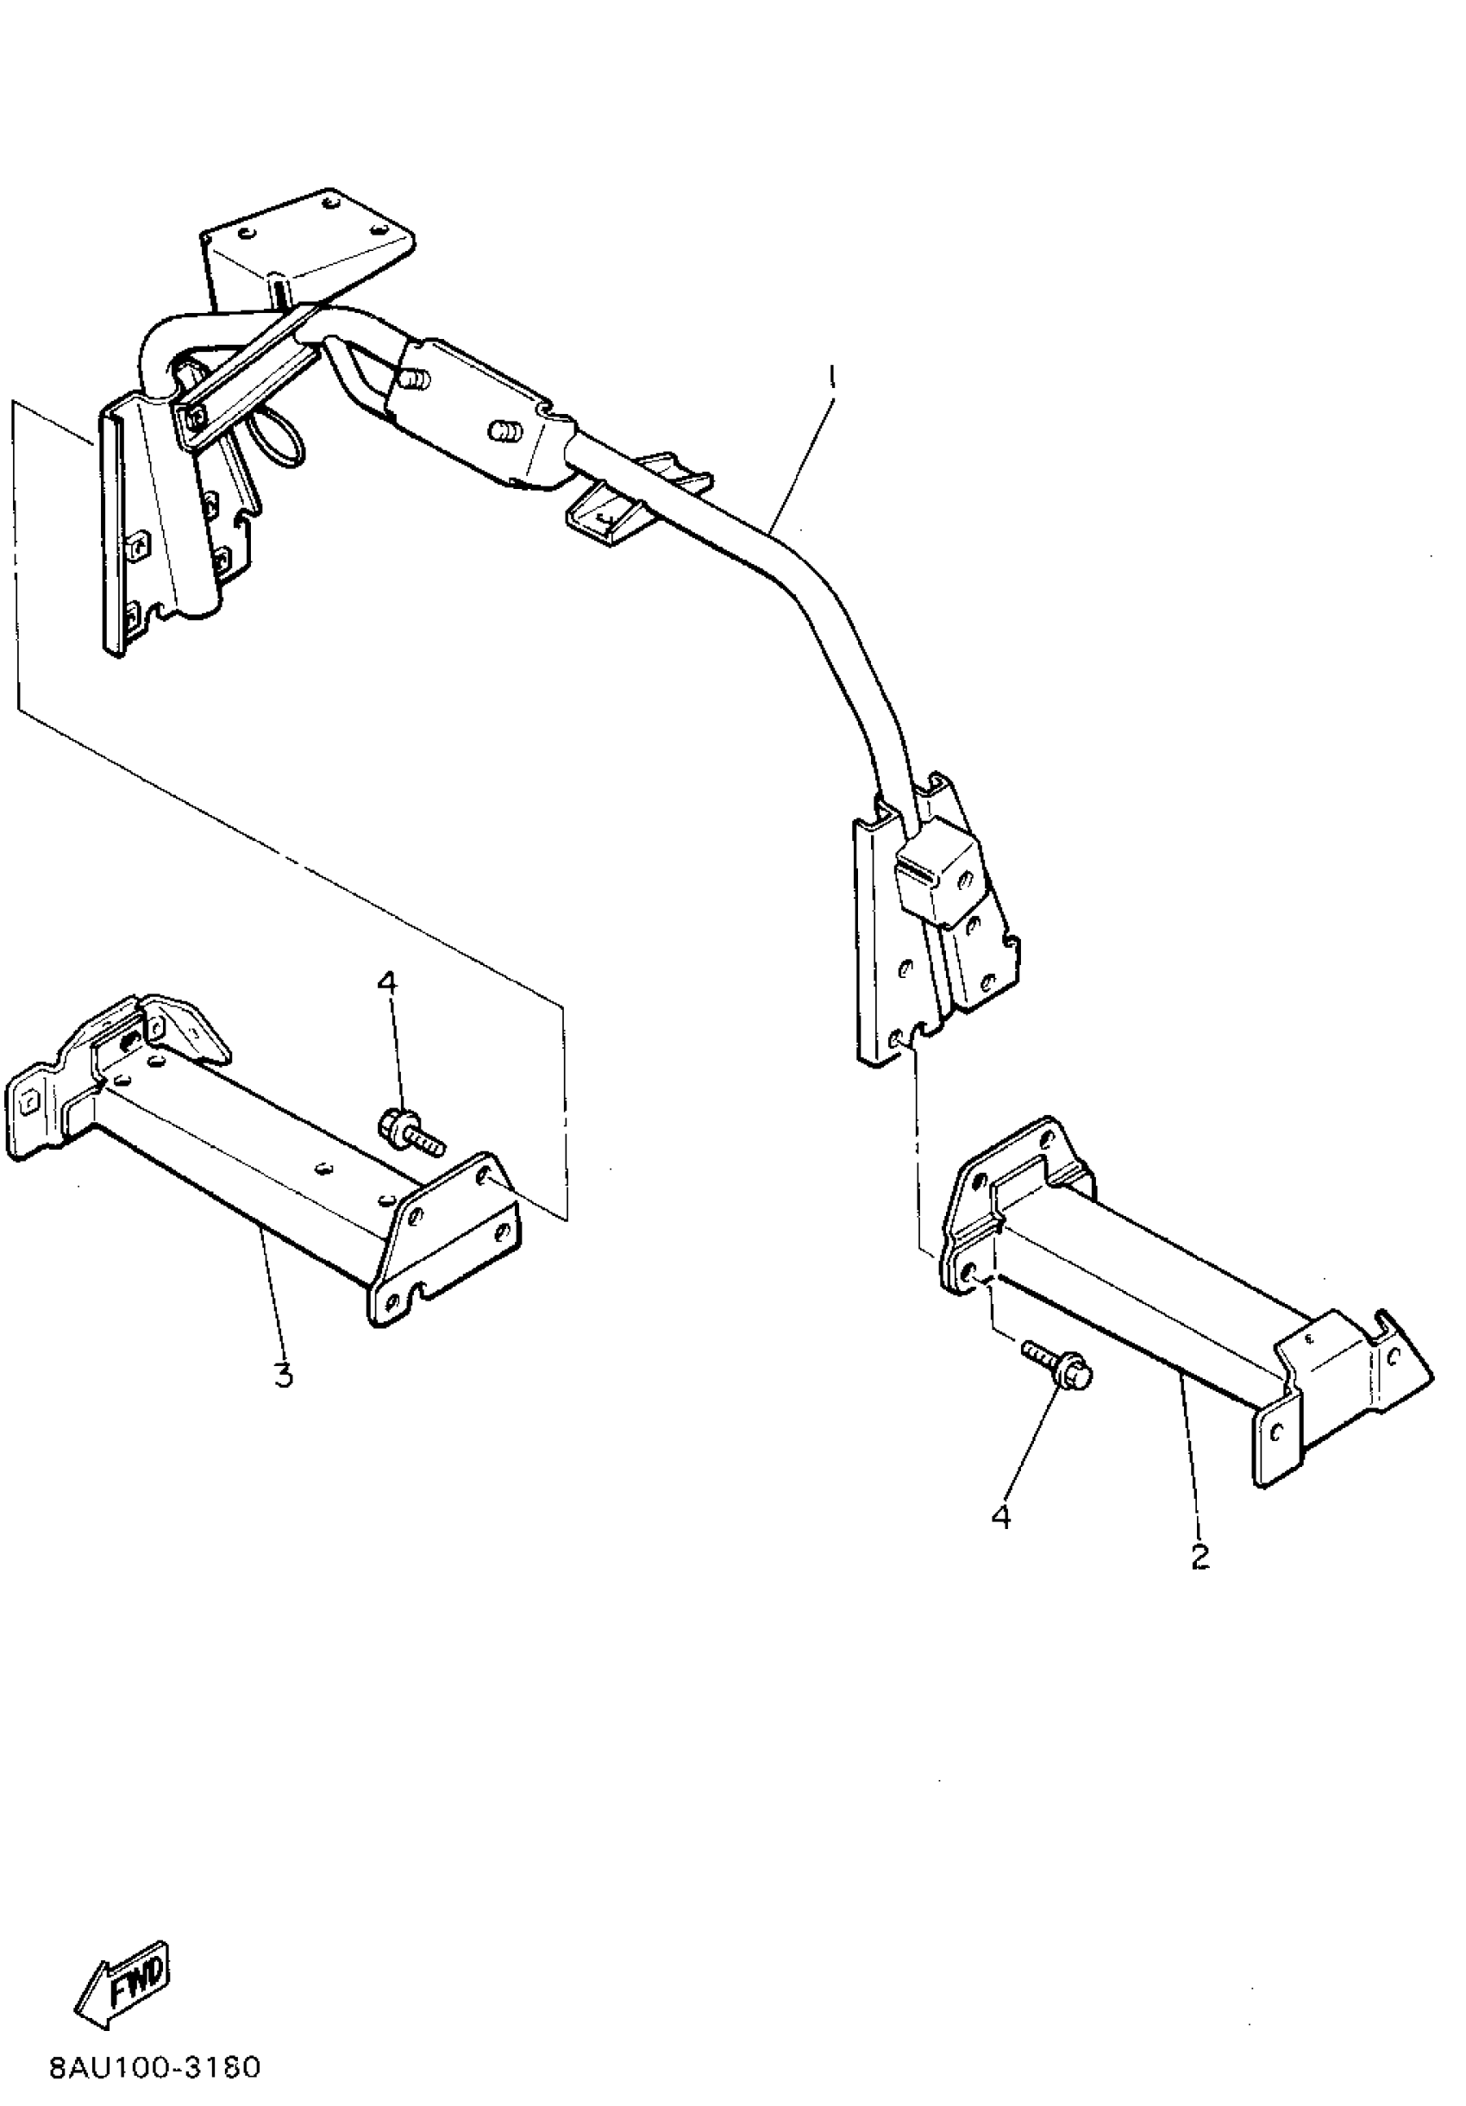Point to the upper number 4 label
pyautogui.click(x=388, y=982)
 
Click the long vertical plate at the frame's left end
pyautogui.click(x=114, y=532)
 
